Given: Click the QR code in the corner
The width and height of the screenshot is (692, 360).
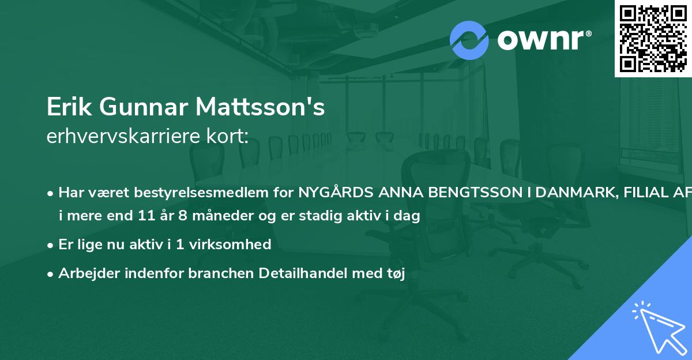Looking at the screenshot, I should coord(653,38).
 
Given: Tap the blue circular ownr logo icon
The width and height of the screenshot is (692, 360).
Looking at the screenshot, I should coord(469,40).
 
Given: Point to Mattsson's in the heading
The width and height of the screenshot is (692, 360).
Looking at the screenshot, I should coord(260,107).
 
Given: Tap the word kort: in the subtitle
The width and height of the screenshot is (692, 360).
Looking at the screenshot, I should coord(230,136).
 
